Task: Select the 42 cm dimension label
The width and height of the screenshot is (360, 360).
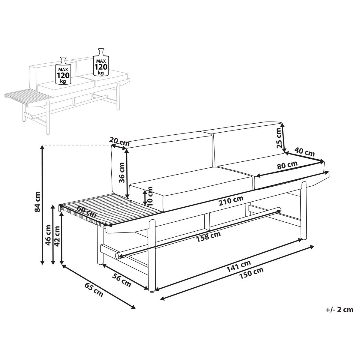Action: pyautogui.click(x=57, y=236)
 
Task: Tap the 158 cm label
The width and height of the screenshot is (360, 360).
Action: pyautogui.click(x=208, y=237)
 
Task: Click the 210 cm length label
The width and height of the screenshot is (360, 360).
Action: pyautogui.click(x=231, y=200)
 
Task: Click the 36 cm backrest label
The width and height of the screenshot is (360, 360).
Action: pyautogui.click(x=122, y=172)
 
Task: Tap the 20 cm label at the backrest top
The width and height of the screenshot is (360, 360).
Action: pyautogui.click(x=119, y=141)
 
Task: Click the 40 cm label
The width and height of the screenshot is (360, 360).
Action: pyautogui.click(x=304, y=152)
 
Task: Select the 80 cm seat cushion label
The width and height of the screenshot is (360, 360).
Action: pyautogui.click(x=287, y=165)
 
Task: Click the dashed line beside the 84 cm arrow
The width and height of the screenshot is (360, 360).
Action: pyautogui.click(x=76, y=145)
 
